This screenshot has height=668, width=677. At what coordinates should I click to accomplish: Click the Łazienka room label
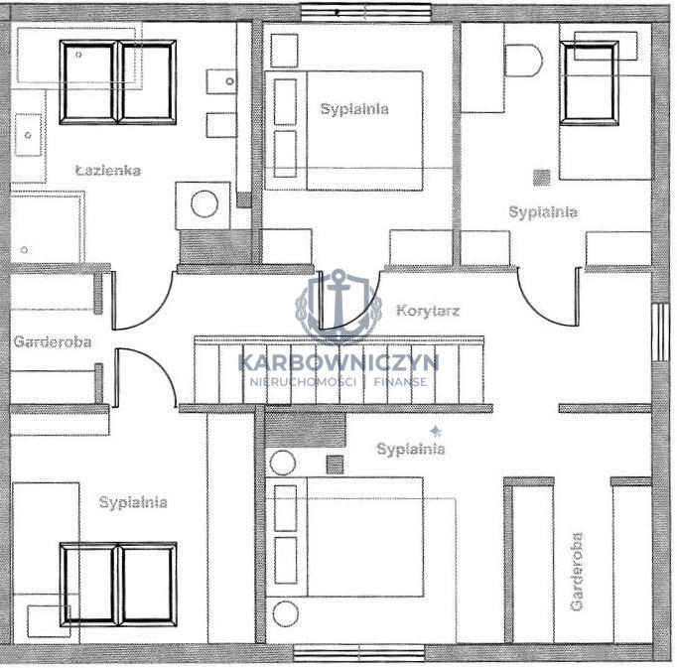point(108,170)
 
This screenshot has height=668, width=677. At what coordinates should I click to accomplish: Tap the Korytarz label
point(428,311)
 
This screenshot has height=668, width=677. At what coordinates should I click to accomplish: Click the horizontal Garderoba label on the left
point(53,342)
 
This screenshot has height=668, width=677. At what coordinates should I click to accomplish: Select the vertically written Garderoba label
point(577,572)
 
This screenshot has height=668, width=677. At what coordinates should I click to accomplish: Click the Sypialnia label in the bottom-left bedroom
point(133,502)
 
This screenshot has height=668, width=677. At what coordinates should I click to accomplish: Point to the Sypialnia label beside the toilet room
point(543,212)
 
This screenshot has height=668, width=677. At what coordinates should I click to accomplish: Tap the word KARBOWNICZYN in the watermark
point(338,362)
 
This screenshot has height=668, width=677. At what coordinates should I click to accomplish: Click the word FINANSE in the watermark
point(401,382)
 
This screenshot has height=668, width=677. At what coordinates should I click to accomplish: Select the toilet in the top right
point(523,61)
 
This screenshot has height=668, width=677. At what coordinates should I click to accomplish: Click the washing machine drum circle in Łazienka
point(204,204)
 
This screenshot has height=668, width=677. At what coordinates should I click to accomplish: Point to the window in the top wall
point(365,13)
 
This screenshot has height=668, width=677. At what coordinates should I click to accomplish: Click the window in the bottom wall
point(358,653)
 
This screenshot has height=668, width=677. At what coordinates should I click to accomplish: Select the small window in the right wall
point(660,333)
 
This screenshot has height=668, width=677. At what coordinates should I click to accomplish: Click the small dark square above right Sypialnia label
point(541,178)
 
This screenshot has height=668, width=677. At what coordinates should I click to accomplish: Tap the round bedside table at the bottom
point(285,613)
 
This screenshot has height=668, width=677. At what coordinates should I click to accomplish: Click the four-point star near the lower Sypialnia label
point(435,431)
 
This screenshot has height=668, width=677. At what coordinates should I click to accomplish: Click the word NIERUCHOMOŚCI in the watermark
point(303,382)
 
